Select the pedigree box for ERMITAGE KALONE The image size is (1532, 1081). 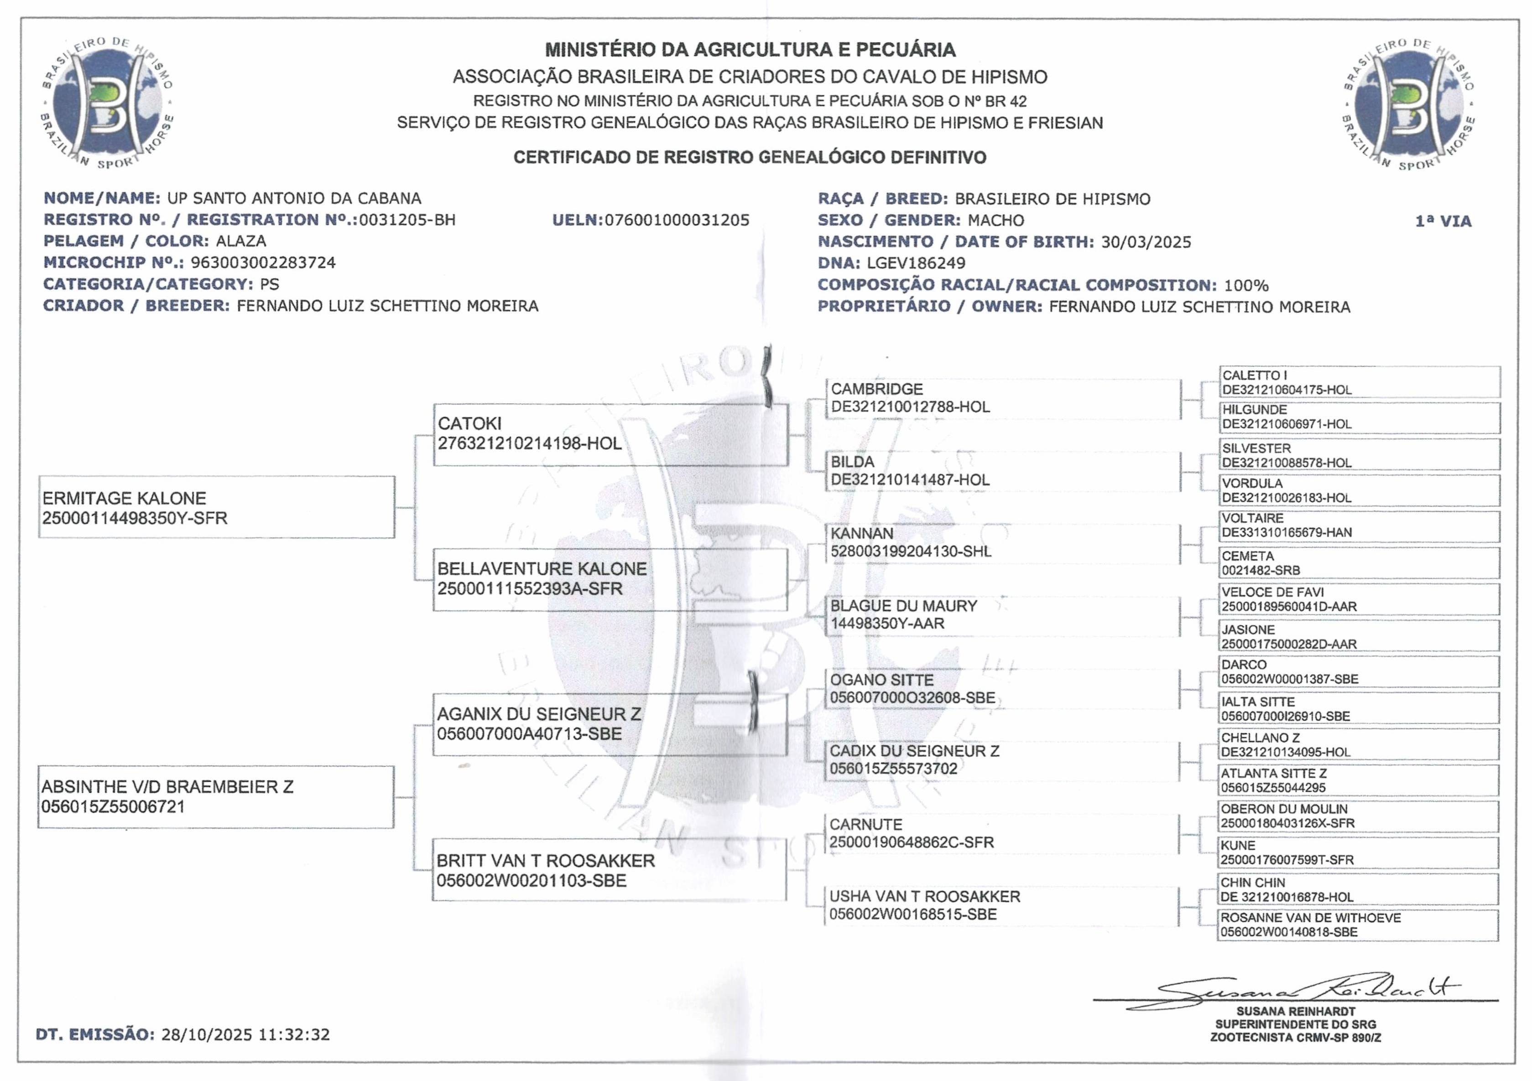pyautogui.click(x=216, y=507)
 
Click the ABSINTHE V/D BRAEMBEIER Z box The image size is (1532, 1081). pyautogui.click(x=215, y=797)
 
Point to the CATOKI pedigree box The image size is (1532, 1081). pyautogui.click(x=610, y=434)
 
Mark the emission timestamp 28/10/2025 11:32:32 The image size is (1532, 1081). pyautogui.click(x=245, y=1035)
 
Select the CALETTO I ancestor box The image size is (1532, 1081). pyautogui.click(x=1359, y=382)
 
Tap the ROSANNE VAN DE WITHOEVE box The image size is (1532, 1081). pyautogui.click(x=1358, y=925)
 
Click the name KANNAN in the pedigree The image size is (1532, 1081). pyautogui.click(x=861, y=534)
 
